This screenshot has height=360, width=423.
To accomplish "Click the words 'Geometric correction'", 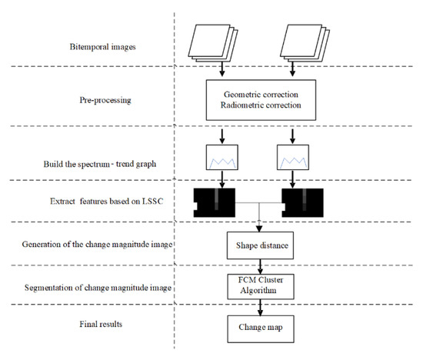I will pos(262,93).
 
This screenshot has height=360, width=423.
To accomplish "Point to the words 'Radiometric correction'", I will pos(262,105).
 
